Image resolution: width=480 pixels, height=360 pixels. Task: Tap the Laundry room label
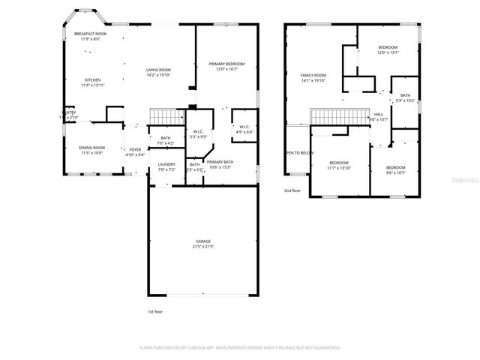(x=166, y=166)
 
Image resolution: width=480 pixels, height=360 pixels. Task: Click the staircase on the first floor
(x=167, y=116)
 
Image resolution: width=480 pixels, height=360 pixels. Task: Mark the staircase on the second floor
(x=337, y=117)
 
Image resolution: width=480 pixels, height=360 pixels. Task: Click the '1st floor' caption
(x=155, y=310)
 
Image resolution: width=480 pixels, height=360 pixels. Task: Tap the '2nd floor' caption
(x=292, y=190)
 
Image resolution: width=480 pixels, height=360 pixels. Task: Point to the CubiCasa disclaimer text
(x=240, y=348)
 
